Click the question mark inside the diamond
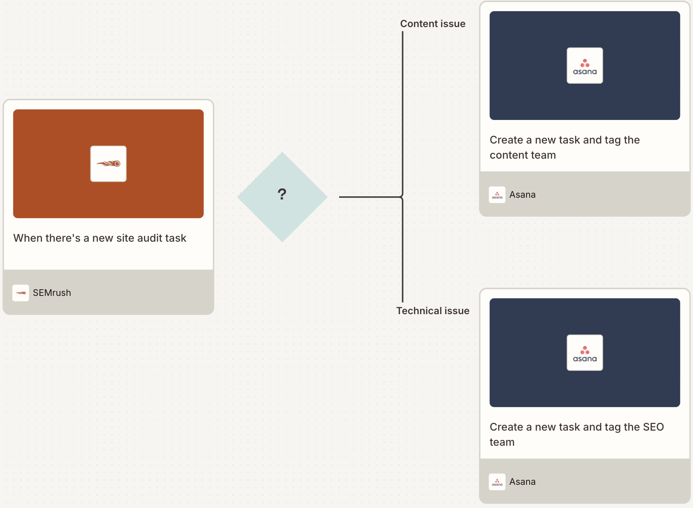coord(282,194)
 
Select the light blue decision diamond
coord(282,197)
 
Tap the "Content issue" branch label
coord(433,24)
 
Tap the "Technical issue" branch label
coord(433,311)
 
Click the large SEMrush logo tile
coord(108,164)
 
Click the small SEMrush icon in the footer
coord(21,293)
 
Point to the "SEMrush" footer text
coord(52,293)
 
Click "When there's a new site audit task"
coord(100,238)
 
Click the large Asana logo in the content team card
coord(585,65)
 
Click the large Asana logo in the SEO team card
coord(585,353)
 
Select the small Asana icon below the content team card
coord(497,195)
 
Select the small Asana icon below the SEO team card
coord(497,482)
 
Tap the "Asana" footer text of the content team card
coord(522,195)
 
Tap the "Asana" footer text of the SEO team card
coord(522,482)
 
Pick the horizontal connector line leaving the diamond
coord(370,197)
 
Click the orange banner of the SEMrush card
coord(108,164)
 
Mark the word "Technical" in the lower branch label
coord(417,311)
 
